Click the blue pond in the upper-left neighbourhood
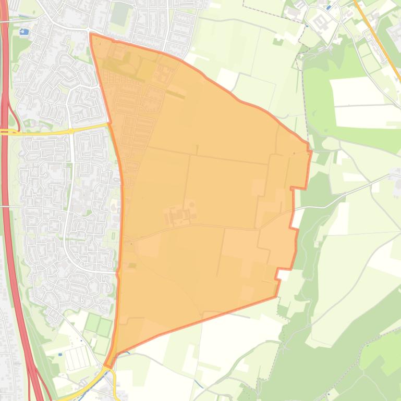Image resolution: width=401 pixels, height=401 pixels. click(x=23, y=32)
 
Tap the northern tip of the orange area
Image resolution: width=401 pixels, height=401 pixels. click(x=91, y=34)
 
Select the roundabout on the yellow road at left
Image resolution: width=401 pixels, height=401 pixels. click(x=70, y=131)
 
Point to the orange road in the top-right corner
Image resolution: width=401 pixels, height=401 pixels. click(x=378, y=42)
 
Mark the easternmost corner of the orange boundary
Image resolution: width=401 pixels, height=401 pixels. click(x=311, y=151)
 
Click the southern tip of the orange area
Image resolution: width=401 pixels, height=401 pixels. click(x=106, y=365)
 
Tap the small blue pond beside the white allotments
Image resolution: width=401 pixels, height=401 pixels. click(x=61, y=355)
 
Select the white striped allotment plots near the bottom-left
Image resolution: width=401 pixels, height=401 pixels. click(x=76, y=358)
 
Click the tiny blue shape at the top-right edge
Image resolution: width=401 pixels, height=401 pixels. click(x=327, y=7)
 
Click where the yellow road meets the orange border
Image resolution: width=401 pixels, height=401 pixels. click(x=108, y=124)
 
